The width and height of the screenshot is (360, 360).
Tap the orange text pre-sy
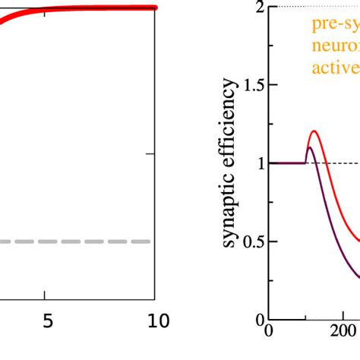[x=335, y=24]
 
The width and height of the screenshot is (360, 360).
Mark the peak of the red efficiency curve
[x=314, y=131]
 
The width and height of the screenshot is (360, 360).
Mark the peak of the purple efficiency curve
[x=308, y=147]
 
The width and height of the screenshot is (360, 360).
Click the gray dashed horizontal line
[x=76, y=242]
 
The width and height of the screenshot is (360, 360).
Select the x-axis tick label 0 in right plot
[x=267, y=352]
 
